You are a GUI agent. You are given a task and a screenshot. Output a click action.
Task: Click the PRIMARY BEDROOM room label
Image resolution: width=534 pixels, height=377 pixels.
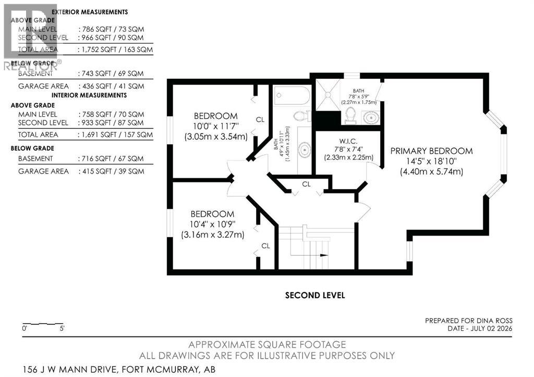[x=431, y=151]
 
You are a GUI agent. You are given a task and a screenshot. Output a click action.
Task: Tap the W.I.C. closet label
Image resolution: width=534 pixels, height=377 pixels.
[x=348, y=141]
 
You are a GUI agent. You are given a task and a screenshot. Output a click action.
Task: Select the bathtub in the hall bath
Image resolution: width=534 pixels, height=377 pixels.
[x=292, y=96]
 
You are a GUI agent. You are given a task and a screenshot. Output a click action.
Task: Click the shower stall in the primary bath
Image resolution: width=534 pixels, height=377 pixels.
[x=328, y=95]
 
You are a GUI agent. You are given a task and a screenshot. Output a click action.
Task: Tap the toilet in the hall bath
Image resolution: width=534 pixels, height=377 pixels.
[x=302, y=116]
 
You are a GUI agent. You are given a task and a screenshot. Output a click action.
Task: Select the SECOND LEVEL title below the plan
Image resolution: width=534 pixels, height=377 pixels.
[x=315, y=295]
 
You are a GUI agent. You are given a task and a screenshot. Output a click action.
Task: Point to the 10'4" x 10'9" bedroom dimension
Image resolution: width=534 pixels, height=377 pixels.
[x=213, y=224]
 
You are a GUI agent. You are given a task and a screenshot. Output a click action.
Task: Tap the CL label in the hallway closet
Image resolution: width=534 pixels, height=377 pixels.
[x=306, y=184]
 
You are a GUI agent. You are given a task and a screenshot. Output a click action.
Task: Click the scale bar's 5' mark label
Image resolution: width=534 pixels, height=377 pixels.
[x=62, y=329]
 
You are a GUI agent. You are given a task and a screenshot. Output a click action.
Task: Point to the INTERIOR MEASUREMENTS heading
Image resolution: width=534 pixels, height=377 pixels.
[x=89, y=95]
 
